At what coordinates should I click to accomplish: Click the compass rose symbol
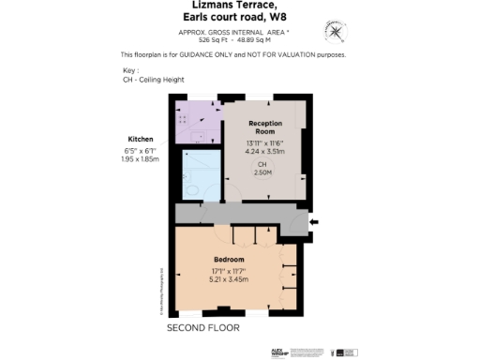pyautogui.click(x=335, y=30)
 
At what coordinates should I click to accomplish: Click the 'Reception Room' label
pyautogui.click(x=265, y=128)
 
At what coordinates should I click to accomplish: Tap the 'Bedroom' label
pyautogui.click(x=229, y=259)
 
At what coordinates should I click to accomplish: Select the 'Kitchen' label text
pyautogui.click(x=141, y=139)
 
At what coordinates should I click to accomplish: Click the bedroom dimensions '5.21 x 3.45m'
pyautogui.click(x=229, y=279)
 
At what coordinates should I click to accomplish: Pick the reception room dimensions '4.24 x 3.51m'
pyautogui.click(x=264, y=149)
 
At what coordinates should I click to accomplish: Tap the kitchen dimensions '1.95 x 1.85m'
pyautogui.click(x=141, y=159)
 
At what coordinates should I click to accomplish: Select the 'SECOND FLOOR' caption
pyautogui.click(x=202, y=329)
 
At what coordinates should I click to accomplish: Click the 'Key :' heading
pyautogui.click(x=130, y=70)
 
